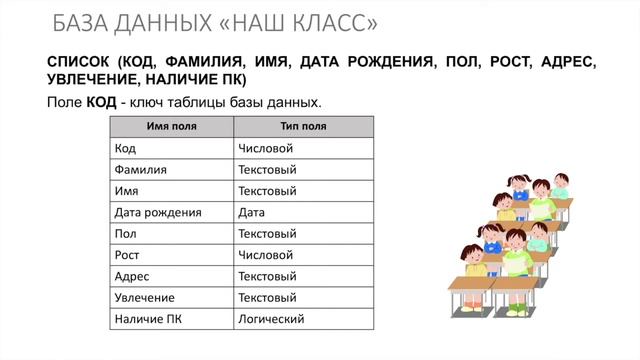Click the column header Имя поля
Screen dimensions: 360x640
click(171, 126)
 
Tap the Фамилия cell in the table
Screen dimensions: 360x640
click(141, 169)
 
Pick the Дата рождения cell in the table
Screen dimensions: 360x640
click(158, 212)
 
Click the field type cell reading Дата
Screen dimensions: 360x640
click(251, 212)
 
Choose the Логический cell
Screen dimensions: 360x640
click(271, 319)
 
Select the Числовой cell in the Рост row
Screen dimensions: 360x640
click(265, 255)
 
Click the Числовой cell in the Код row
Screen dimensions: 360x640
click(265, 148)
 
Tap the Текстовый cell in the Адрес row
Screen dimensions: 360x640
click(267, 276)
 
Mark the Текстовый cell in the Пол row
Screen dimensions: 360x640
click(267, 233)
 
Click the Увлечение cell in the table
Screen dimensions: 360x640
click(145, 298)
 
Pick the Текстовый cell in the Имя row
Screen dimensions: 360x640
click(267, 190)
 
